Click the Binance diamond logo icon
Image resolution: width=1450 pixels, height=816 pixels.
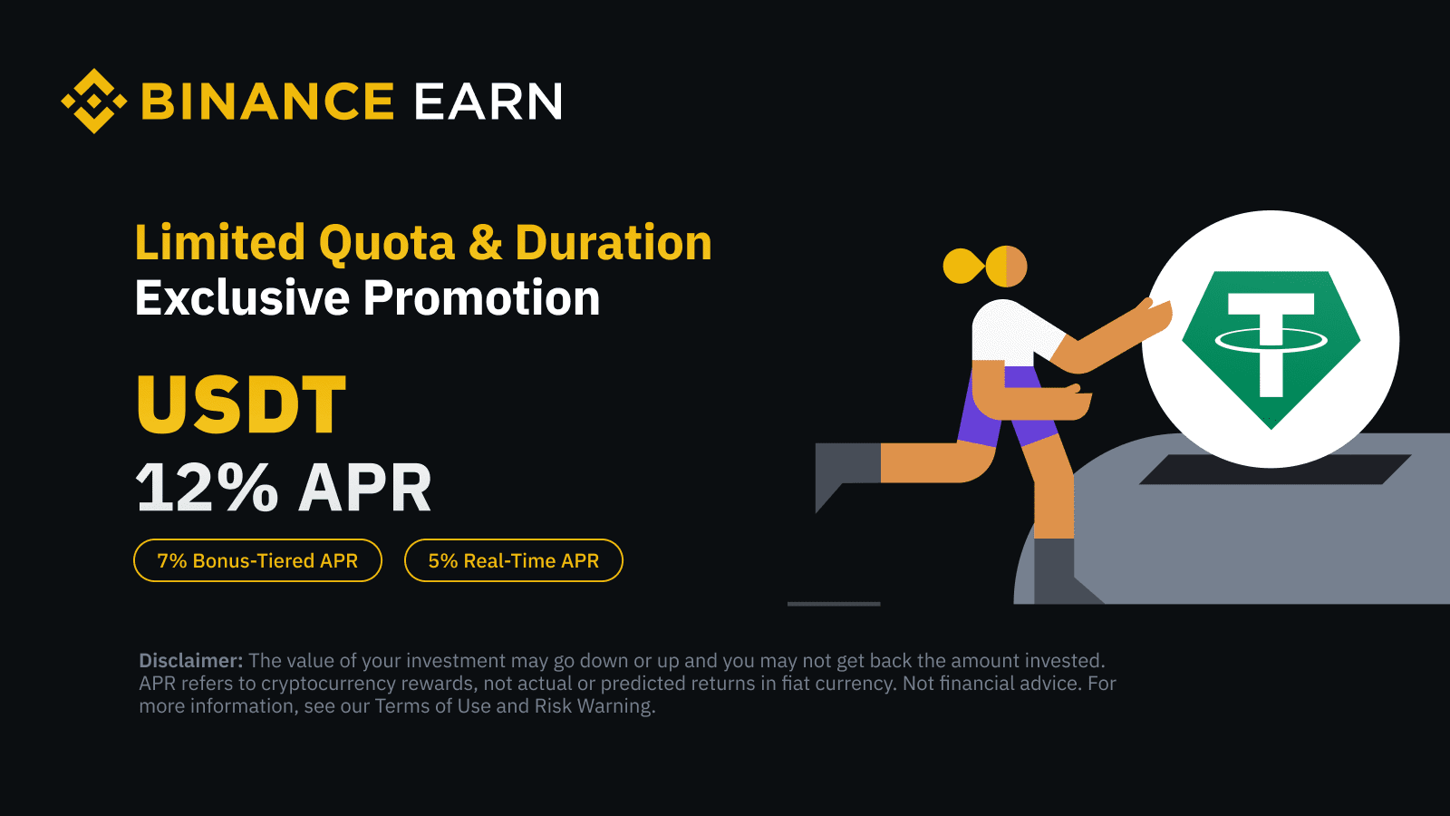(x=94, y=101)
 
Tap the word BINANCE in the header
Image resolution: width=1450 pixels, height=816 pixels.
(x=267, y=102)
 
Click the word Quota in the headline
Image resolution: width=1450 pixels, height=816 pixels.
(x=387, y=244)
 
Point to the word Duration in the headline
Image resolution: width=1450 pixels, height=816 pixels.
(x=614, y=242)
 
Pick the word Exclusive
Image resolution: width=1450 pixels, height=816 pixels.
(x=242, y=297)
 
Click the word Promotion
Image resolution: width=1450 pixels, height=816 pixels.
(x=481, y=297)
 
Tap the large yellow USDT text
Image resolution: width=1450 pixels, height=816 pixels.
(x=241, y=404)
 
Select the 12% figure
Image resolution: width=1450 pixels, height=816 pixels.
(x=208, y=488)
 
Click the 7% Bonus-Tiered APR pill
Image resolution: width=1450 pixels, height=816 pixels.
(x=257, y=560)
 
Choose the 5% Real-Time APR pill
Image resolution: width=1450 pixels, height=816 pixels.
(x=513, y=560)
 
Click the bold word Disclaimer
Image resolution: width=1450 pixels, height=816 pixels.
(x=191, y=661)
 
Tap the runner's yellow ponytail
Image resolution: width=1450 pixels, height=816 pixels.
(x=964, y=266)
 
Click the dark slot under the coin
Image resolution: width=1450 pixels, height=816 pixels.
(x=1275, y=470)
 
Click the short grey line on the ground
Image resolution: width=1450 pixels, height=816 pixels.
(x=834, y=604)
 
